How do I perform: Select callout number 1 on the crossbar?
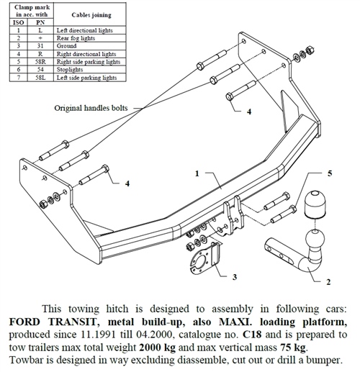click(x=197, y=174)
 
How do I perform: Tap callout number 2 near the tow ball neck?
click(x=328, y=283)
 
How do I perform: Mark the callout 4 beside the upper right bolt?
click(x=249, y=112)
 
